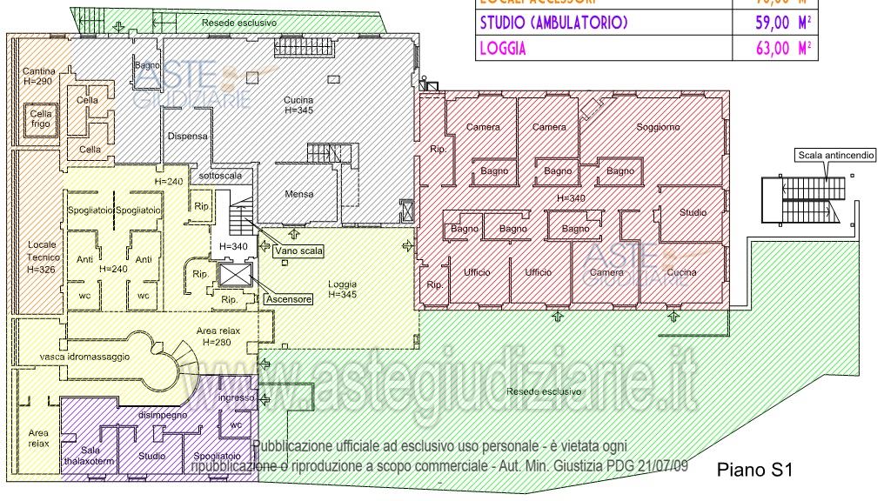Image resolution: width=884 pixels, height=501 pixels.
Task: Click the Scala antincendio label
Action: coord(835,156)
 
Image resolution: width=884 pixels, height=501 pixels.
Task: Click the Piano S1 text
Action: coord(754,471)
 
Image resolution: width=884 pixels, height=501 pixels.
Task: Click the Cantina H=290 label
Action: coord(40,76)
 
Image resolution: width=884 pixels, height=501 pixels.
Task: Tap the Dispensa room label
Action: coord(186,137)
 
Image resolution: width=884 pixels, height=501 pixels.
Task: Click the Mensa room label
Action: coord(298,194)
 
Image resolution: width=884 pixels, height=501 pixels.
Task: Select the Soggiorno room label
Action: coord(658,128)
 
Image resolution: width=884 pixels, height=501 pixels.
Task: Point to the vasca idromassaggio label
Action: coord(85,357)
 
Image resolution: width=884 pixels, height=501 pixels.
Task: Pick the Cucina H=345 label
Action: coord(298,105)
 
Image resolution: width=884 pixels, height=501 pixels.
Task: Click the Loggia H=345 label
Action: coord(343,290)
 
